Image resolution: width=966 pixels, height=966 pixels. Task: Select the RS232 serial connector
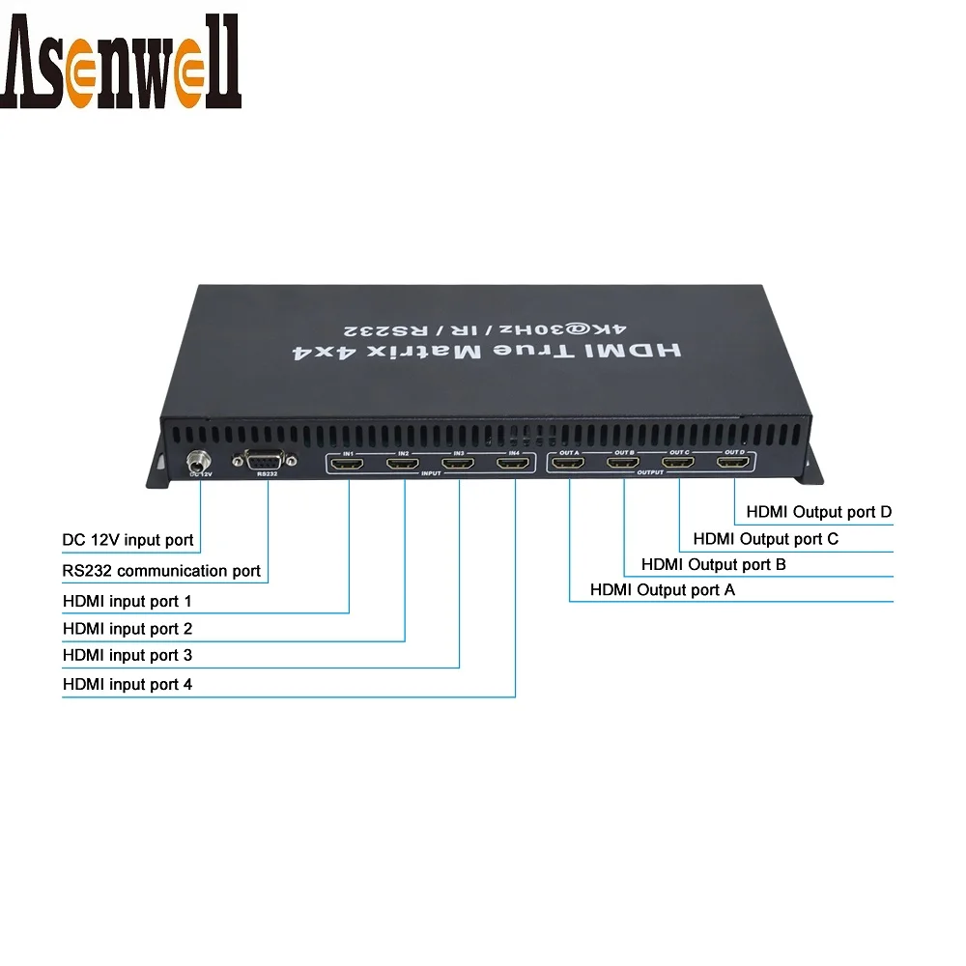tap(264, 461)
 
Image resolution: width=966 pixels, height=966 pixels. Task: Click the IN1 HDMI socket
tap(349, 465)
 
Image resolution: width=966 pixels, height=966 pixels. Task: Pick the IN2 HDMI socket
tap(404, 465)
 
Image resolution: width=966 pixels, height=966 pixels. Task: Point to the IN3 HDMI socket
tap(459, 465)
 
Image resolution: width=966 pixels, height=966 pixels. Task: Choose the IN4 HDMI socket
tap(514, 465)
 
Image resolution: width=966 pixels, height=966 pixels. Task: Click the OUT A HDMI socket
tap(570, 465)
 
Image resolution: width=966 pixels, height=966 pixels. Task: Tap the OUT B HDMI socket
tap(624, 465)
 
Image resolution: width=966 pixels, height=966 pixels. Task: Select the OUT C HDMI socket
tap(679, 465)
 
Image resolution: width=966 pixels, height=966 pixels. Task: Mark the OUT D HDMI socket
tap(734, 465)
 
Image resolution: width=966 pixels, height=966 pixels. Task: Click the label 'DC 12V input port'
tap(128, 540)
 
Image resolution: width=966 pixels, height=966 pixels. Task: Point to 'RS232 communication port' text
tap(161, 571)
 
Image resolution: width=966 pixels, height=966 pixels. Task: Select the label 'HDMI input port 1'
tap(127, 601)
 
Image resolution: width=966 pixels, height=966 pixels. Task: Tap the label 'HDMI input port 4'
tap(127, 684)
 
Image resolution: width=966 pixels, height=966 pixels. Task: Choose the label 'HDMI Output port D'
tap(812, 512)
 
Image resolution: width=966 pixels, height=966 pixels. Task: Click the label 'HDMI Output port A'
tap(662, 589)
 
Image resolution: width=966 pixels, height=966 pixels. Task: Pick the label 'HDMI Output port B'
tap(713, 564)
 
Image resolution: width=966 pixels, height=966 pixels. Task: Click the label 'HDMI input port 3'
tap(127, 655)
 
